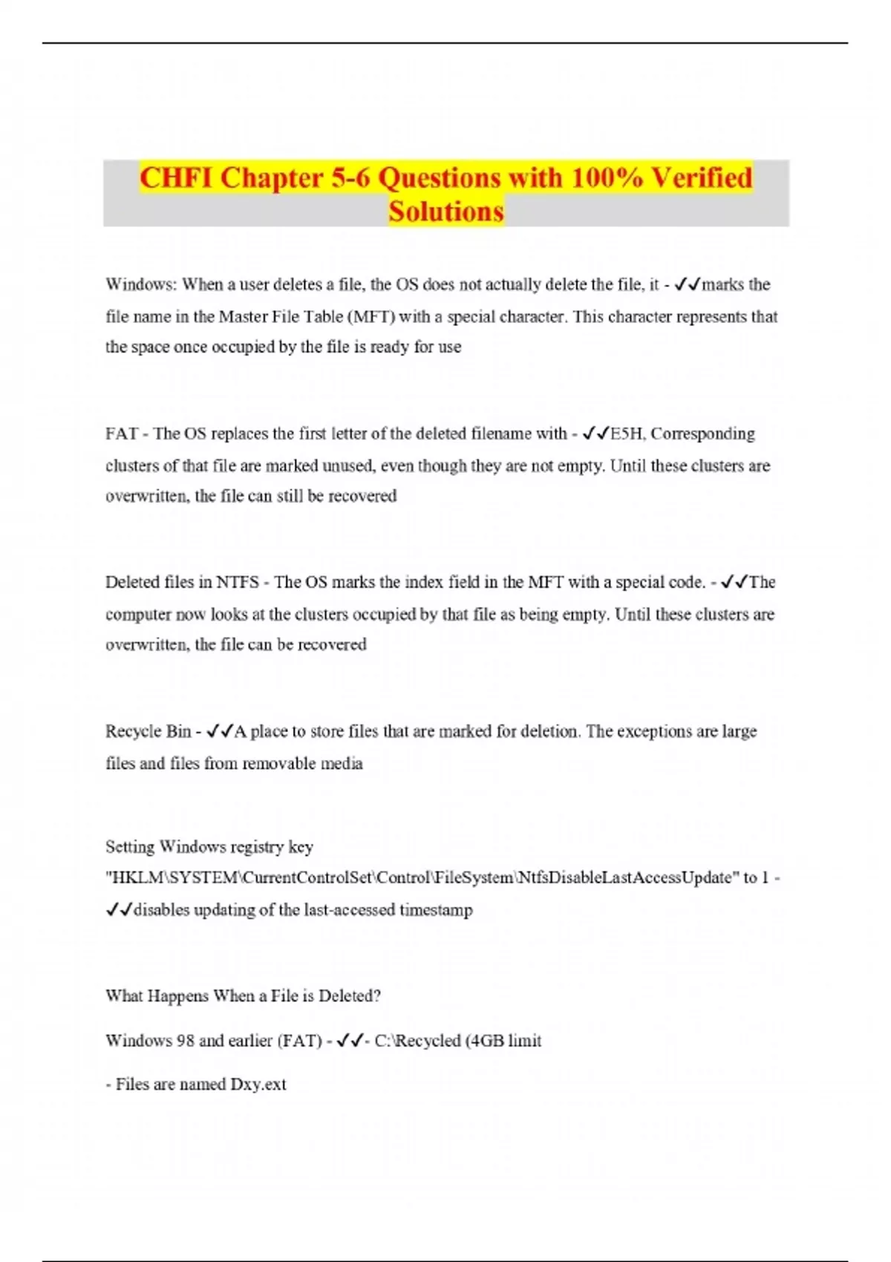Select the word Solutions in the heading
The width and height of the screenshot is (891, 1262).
(x=446, y=212)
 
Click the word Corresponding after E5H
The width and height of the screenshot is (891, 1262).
(x=702, y=434)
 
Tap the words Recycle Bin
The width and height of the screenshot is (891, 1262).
(x=148, y=731)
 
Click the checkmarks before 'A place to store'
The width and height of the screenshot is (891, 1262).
(x=220, y=731)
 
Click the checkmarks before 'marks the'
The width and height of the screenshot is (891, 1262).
(x=688, y=284)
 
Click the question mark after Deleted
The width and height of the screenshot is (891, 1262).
(x=377, y=995)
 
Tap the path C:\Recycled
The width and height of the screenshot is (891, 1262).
(x=417, y=1041)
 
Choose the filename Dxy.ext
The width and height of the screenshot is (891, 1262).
(x=258, y=1085)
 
